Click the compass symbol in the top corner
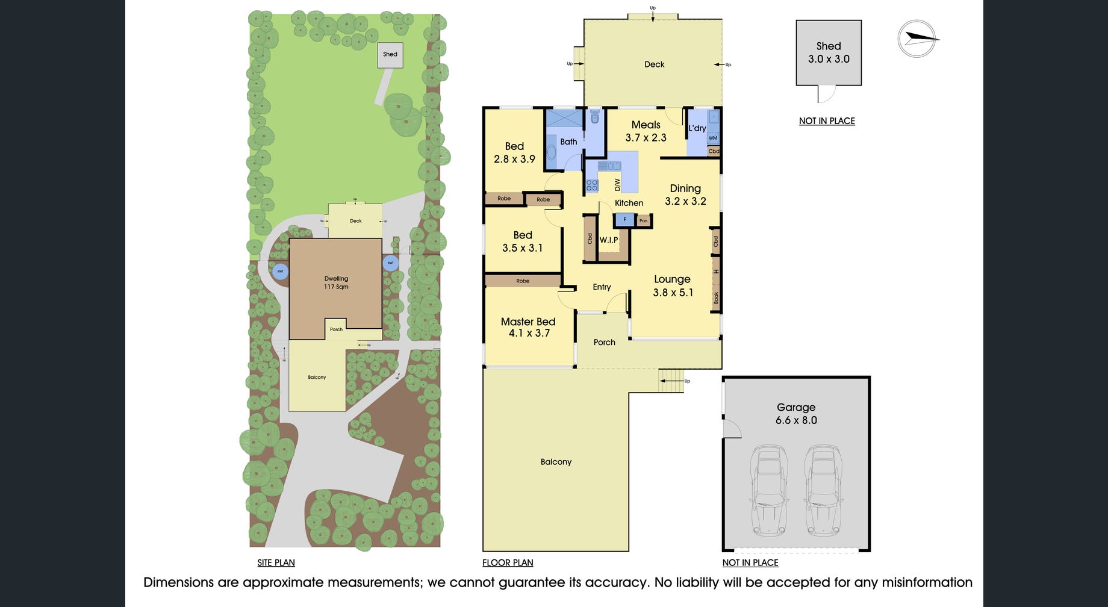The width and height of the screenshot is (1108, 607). [917, 39]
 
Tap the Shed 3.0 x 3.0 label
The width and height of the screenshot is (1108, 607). [829, 52]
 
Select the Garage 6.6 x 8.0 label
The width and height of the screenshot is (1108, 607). [796, 414]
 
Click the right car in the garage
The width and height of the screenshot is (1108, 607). [823, 490]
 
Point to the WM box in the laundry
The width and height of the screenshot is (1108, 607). [713, 138]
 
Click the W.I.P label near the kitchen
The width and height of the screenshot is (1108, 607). [609, 240]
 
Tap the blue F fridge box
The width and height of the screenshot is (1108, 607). [624, 220]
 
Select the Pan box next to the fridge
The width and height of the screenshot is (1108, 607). [644, 221]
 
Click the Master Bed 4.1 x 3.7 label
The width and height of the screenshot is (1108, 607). [528, 327]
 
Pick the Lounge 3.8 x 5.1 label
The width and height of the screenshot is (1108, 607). [673, 285]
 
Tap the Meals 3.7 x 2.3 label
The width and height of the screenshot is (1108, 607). [646, 131]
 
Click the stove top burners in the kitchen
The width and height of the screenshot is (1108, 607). [592, 185]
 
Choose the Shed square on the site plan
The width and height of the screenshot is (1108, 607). [390, 54]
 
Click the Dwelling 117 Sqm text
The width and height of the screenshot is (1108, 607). [336, 282]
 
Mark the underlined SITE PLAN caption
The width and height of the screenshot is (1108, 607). [276, 562]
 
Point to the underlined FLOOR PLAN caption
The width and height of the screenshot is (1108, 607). [508, 562]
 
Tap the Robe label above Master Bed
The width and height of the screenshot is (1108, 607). [523, 281]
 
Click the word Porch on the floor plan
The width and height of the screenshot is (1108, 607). [604, 342]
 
